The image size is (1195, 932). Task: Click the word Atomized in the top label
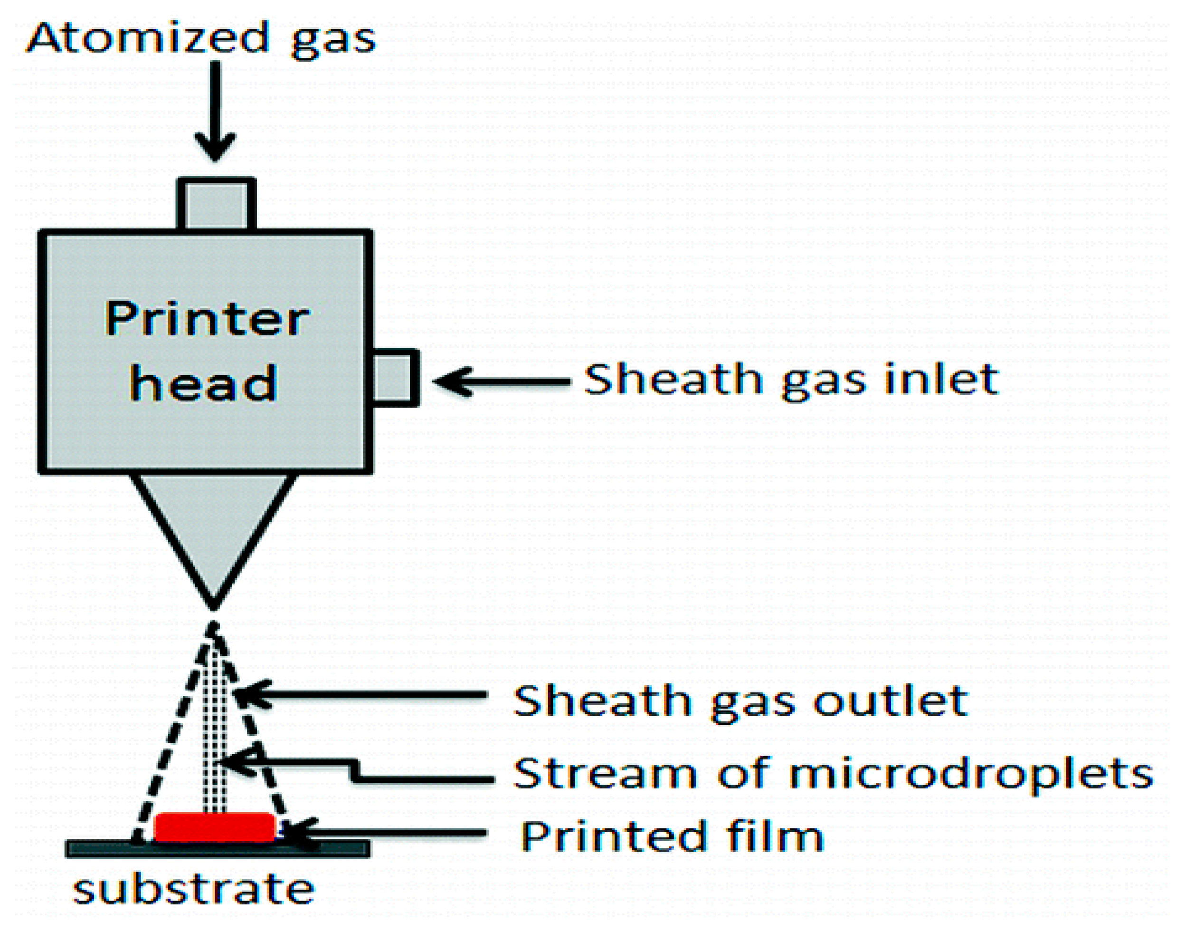click(x=148, y=38)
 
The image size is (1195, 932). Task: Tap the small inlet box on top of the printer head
click(x=216, y=204)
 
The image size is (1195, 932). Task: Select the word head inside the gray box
click(x=202, y=383)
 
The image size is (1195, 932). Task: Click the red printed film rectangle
click(x=215, y=827)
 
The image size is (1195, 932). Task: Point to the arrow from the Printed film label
click(x=383, y=833)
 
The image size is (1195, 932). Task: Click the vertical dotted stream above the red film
click(x=215, y=728)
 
